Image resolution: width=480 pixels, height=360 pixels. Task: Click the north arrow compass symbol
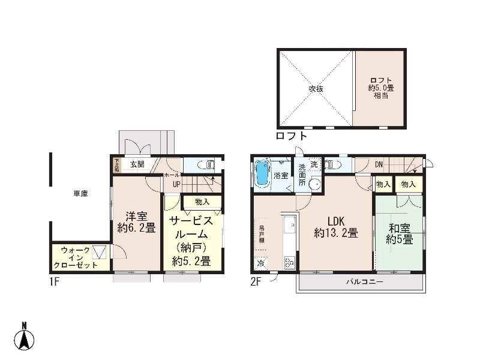24,337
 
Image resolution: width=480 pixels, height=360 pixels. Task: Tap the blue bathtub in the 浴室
262,174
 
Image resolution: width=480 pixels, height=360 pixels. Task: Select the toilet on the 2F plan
334,164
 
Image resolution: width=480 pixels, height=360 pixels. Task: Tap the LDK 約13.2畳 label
335,227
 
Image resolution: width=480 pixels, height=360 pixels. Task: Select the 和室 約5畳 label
399,234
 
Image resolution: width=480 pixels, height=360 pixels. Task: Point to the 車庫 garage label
80,194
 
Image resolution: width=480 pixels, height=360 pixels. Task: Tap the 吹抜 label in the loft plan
316,88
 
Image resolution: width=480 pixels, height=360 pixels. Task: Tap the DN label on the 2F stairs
379,164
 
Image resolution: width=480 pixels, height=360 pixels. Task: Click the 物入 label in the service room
202,202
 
